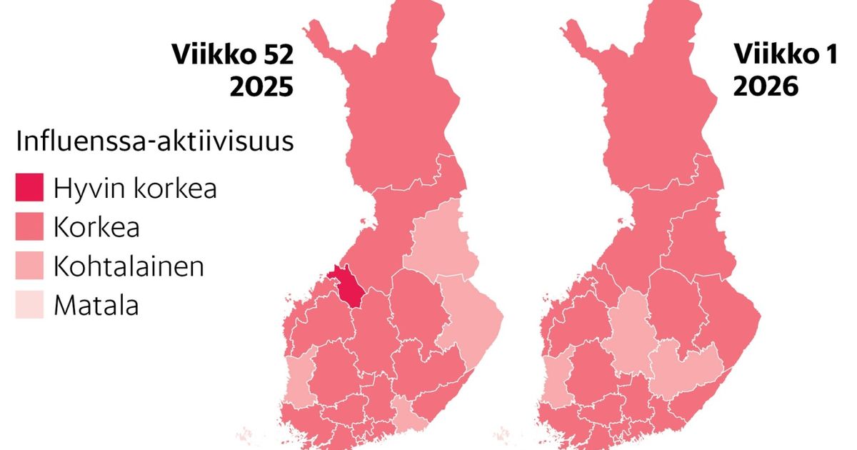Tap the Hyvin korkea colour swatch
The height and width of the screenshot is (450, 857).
click(x=29, y=189)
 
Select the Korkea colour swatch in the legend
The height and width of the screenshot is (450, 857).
click(x=29, y=228)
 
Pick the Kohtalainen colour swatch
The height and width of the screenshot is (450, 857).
click(x=29, y=266)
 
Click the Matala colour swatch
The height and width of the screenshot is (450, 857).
click(x=29, y=305)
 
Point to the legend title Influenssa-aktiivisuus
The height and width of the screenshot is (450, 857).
click(x=154, y=141)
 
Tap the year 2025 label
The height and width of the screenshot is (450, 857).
click(x=261, y=87)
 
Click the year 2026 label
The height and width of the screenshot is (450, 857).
click(x=764, y=87)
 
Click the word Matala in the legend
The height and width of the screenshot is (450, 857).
click(x=96, y=306)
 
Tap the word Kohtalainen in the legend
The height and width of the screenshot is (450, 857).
click(x=129, y=267)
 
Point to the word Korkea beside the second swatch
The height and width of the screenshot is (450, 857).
click(x=96, y=229)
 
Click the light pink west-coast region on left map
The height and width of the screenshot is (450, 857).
click(x=299, y=382)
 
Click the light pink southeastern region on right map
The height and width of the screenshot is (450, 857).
click(x=682, y=368)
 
